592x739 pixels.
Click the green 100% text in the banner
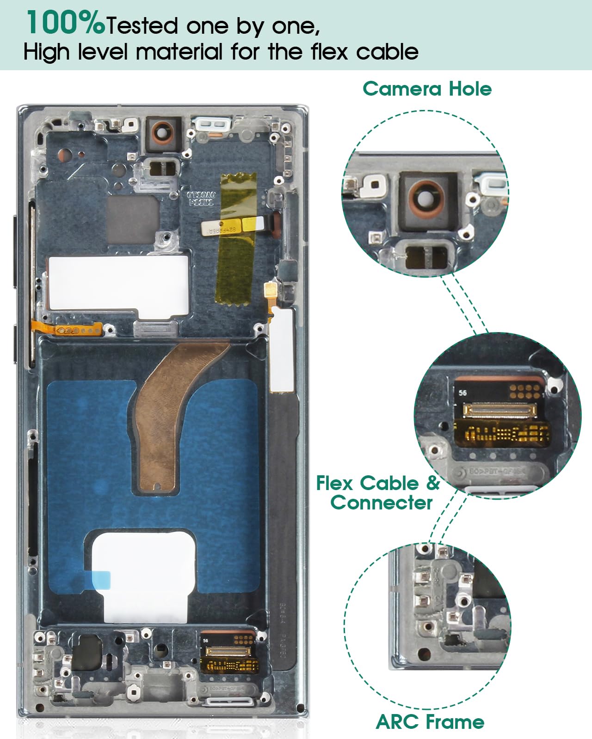coord(65,23)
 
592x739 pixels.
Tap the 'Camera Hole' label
coord(427,89)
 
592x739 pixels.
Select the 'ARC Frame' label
coord(430,721)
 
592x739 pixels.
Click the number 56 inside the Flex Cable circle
coord(462,393)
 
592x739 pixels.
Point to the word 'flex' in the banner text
coord(329,51)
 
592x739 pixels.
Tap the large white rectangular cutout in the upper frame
coord(118,283)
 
